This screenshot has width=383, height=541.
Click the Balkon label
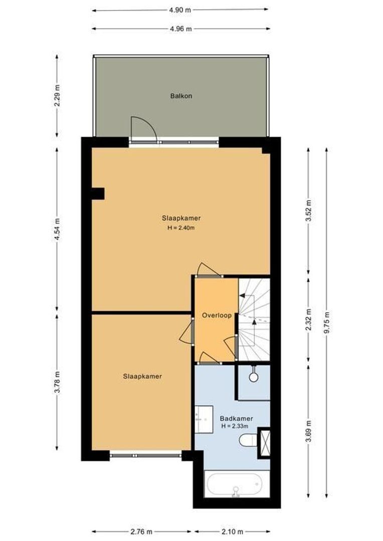pyautogui.click(x=181, y=96)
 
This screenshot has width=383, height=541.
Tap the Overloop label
pyautogui.click(x=217, y=316)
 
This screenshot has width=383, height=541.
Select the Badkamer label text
pyautogui.click(x=236, y=419)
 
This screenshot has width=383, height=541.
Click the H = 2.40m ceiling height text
pyautogui.click(x=181, y=228)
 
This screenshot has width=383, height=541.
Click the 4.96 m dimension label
pyautogui.click(x=181, y=29)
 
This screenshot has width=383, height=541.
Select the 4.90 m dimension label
pyautogui.click(x=181, y=9)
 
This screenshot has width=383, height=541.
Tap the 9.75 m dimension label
pyautogui.click(x=326, y=323)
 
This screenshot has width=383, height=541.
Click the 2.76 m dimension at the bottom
pyautogui.click(x=142, y=531)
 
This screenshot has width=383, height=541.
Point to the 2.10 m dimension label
pyautogui.click(x=233, y=531)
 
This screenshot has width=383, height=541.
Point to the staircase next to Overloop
pyautogui.click(x=254, y=319)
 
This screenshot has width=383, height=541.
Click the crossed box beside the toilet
pyautogui.click(x=264, y=442)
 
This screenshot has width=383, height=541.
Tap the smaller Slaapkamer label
pyautogui.click(x=142, y=376)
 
